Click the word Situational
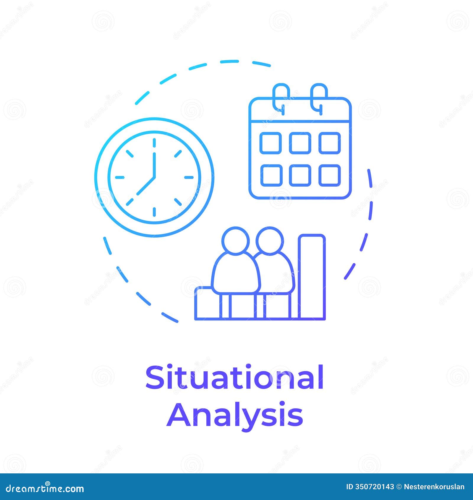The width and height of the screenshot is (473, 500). tap(234, 377)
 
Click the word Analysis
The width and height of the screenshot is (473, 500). tap(235, 415)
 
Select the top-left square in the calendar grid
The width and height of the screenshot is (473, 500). tap(270, 143)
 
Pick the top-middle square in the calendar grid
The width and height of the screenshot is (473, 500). tap(300, 143)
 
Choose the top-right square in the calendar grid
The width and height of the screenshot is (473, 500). tap(330, 143)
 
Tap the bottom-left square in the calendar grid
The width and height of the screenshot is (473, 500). tap(270, 175)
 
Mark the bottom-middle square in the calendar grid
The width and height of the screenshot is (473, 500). tap(300, 175)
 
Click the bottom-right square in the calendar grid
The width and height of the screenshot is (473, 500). tap(330, 175)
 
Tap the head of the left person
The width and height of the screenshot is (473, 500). tap(236, 240)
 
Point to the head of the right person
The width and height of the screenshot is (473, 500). tap(270, 240)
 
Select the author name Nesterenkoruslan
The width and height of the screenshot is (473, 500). tap(434, 487)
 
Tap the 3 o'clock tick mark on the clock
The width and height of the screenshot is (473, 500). tap(189, 178)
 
